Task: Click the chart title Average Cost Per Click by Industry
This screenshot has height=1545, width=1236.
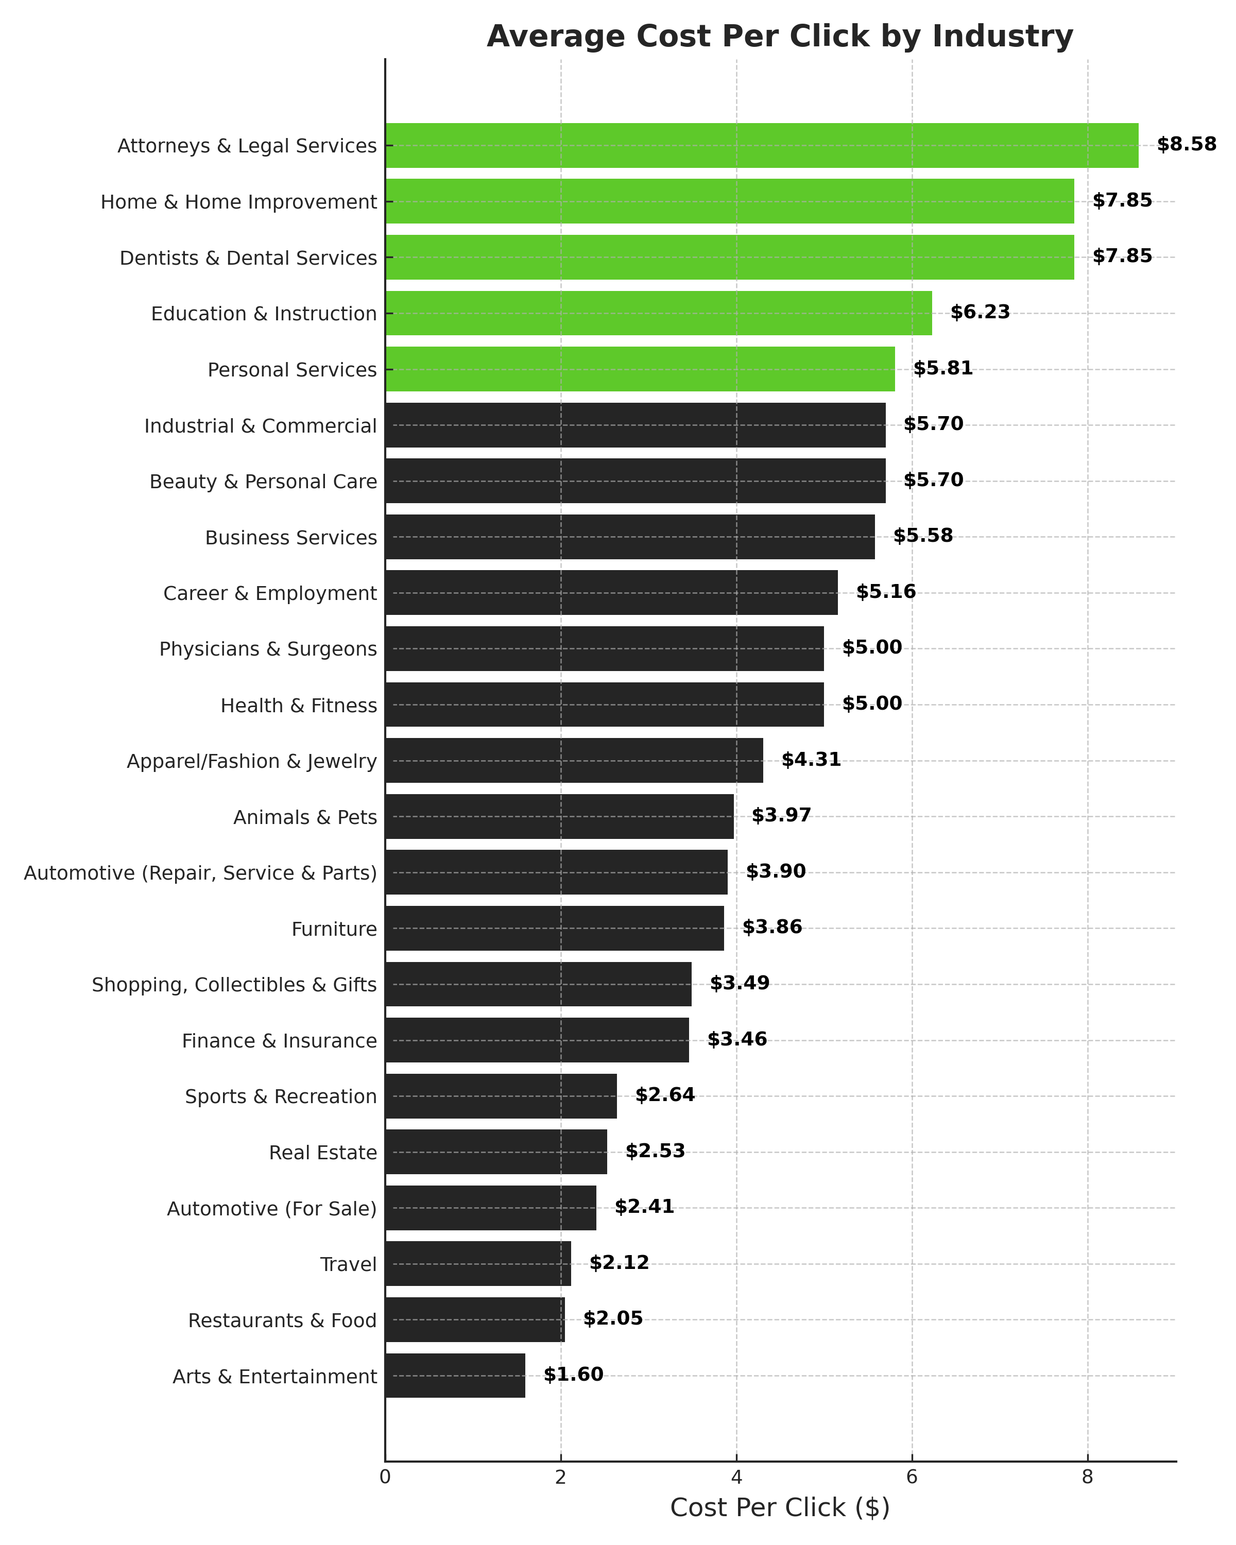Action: click(x=780, y=37)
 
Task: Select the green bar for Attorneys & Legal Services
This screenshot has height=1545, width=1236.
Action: click(x=762, y=145)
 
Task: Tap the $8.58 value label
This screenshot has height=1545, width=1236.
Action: click(x=1187, y=145)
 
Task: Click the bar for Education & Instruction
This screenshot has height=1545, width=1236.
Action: click(x=659, y=313)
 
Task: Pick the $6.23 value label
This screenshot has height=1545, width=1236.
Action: click(x=980, y=313)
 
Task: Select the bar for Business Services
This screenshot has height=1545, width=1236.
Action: click(x=630, y=537)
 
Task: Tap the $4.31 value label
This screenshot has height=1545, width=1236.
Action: click(x=811, y=760)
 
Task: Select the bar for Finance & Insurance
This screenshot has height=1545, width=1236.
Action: click(x=537, y=1040)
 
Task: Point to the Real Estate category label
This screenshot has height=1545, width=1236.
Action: click(x=322, y=1152)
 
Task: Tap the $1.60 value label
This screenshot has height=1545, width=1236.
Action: click(x=573, y=1375)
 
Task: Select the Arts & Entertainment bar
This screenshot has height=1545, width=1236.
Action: click(x=455, y=1375)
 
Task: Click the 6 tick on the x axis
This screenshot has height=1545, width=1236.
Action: click(x=912, y=1477)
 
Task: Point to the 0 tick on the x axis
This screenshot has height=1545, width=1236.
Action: click(x=386, y=1477)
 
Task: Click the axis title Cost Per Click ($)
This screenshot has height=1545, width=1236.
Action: click(x=780, y=1508)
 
